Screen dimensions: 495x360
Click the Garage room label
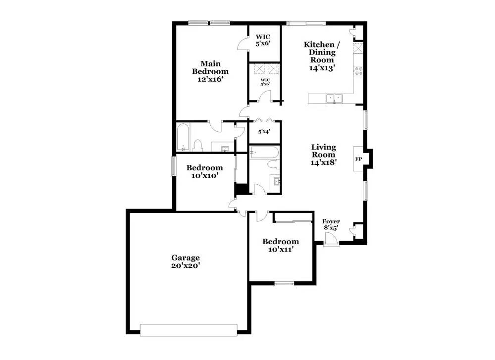point(186,257)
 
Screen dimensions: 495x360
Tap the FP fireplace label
point(358,159)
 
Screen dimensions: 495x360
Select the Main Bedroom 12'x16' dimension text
point(210,79)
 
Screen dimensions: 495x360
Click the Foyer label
point(331,221)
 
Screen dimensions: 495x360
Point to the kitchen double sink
point(334,99)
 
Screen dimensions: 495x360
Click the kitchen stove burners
point(358,71)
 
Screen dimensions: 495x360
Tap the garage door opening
point(189,330)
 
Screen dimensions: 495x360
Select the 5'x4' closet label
point(264,132)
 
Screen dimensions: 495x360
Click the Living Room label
point(324,151)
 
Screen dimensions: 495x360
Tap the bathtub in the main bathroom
point(183,137)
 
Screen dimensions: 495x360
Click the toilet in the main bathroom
point(198,145)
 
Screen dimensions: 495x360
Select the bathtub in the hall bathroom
point(264,153)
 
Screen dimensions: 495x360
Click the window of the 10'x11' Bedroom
point(284,284)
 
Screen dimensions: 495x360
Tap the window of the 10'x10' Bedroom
point(174,166)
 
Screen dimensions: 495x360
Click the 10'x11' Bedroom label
point(281,246)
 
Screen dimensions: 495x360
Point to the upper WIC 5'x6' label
point(263,40)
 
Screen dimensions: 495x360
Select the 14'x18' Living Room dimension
point(324,162)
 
